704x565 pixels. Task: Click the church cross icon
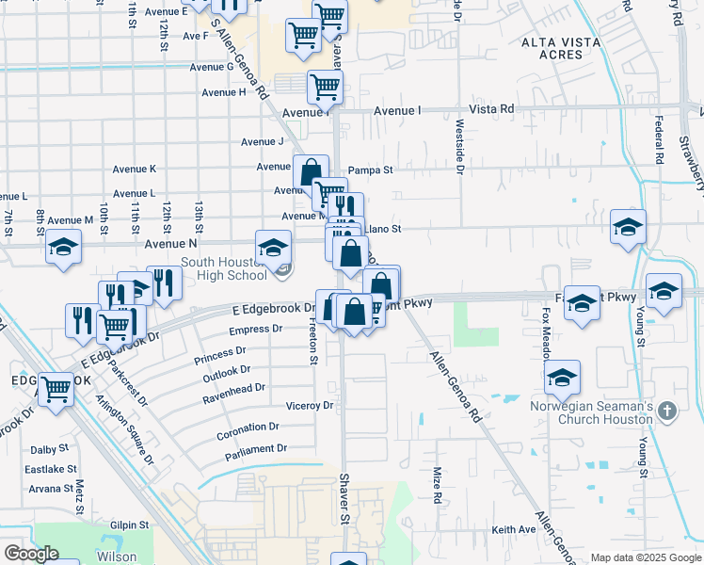(667, 411)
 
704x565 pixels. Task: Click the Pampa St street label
(370, 170)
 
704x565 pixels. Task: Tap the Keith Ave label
(513, 530)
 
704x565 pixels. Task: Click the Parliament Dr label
(255, 452)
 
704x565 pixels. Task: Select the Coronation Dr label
(248, 426)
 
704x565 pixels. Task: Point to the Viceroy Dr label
(309, 406)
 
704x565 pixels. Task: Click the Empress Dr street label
(256, 330)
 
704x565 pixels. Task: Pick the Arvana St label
(50, 489)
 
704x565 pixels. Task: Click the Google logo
(30, 554)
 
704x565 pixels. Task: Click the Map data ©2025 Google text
(645, 557)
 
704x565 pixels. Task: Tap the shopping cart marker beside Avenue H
(325, 87)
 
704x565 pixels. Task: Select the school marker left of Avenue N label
(64, 247)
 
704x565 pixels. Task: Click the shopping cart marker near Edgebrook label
(56, 387)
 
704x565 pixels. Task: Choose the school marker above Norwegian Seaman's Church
(563, 378)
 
